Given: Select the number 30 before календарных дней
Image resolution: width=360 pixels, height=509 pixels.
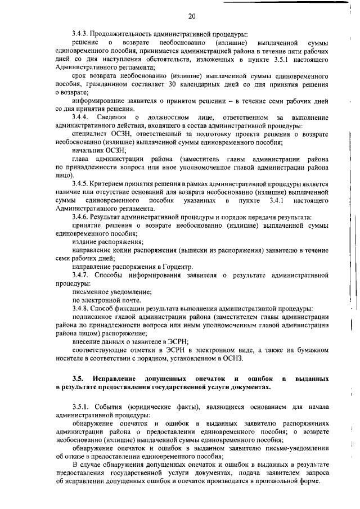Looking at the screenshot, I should click(173, 84).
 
